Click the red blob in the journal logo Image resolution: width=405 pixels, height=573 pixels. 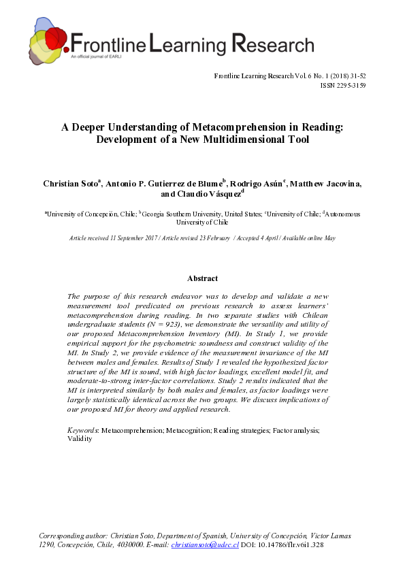55,38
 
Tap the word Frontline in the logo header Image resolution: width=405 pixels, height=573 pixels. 108,45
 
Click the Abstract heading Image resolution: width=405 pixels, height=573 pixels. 202,278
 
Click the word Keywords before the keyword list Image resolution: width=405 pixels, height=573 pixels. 82,431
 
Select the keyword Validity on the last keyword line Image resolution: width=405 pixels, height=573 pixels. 80,440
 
